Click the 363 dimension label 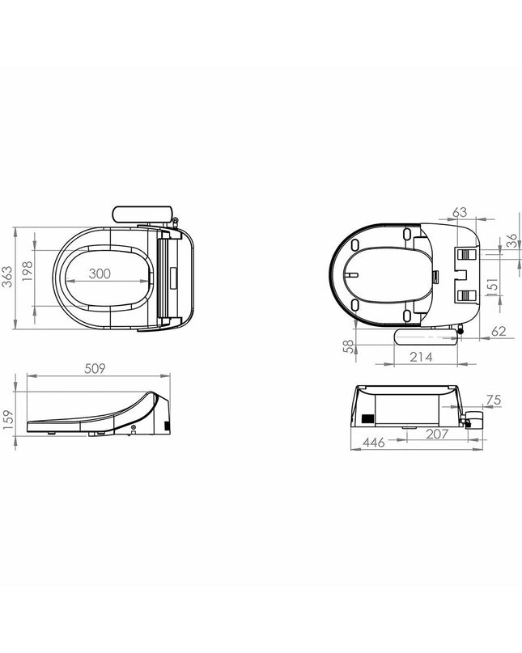coord(7,277)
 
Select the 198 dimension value coord(27,271)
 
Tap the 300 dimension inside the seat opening coord(100,273)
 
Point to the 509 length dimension coord(95,368)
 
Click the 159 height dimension coord(8,417)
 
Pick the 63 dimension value coord(460,212)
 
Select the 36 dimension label coord(512,240)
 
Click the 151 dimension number coord(492,287)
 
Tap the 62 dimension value coord(499,331)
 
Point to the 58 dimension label coord(348,346)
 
